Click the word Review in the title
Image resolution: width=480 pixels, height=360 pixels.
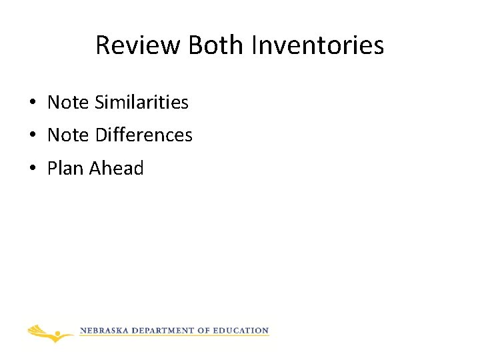138,45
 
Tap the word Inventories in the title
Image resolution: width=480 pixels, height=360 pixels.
318,45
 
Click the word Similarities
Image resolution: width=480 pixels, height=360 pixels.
141,103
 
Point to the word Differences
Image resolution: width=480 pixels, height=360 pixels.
143,135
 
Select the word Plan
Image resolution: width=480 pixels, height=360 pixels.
65,168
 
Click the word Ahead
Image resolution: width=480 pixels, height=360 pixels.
116,168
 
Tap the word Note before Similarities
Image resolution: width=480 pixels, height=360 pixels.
68,103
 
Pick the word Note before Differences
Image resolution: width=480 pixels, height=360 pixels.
68,135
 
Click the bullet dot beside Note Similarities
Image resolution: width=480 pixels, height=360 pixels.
32,103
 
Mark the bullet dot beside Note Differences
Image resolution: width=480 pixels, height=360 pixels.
32,136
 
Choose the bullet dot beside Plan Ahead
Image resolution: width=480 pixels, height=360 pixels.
32,169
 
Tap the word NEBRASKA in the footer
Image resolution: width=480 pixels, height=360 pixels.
104,331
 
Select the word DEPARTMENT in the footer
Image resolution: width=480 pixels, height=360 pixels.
163,331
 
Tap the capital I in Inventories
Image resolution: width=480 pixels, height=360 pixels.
255,45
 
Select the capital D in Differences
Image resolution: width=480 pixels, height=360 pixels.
101,135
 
